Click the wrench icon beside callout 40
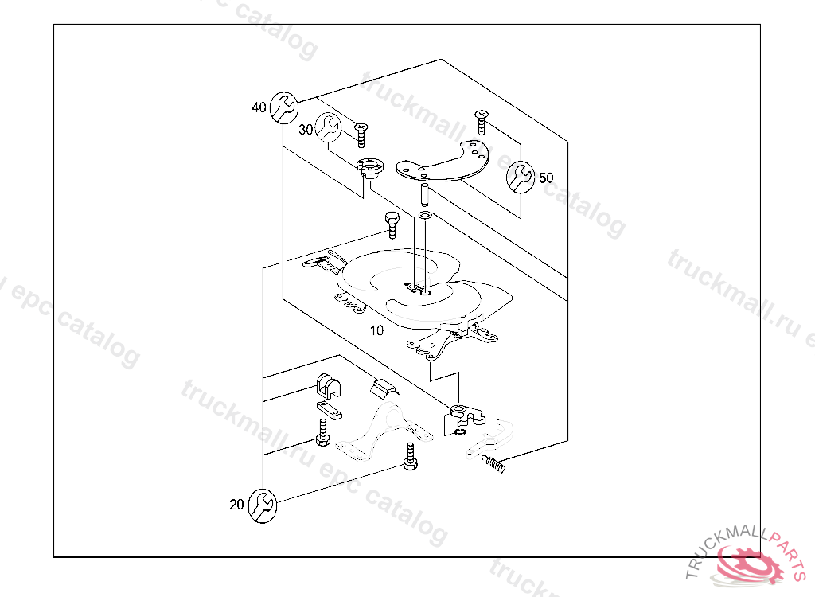click(x=283, y=107)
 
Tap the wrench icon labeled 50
click(x=521, y=177)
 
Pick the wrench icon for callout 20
click(x=262, y=504)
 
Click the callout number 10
click(x=376, y=330)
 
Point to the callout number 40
click(x=259, y=107)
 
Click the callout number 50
click(x=546, y=178)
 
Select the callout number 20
click(x=236, y=504)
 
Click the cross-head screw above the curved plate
click(x=482, y=122)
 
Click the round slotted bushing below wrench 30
click(x=370, y=167)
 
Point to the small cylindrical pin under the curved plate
click(x=425, y=193)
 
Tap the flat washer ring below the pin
click(x=426, y=216)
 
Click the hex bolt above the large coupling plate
click(x=392, y=224)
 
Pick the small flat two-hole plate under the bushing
click(x=330, y=410)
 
